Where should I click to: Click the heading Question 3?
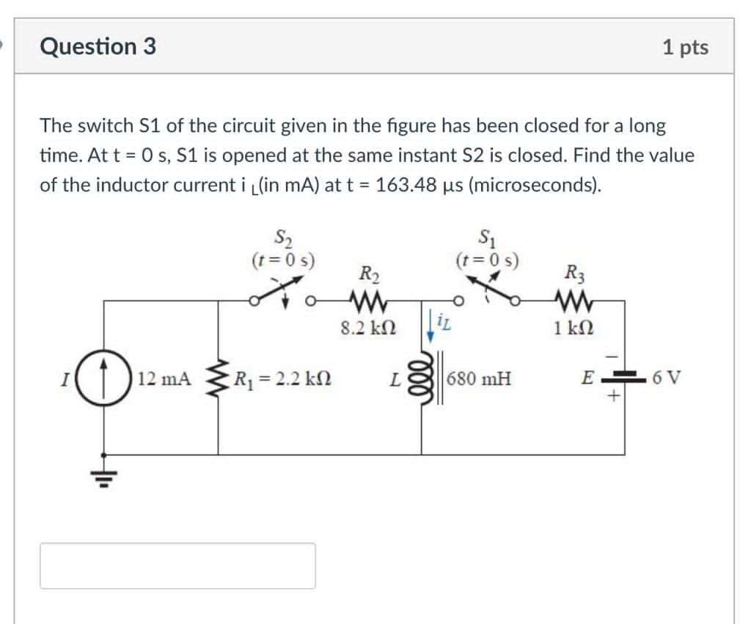click(x=98, y=46)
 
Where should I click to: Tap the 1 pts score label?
click(x=685, y=48)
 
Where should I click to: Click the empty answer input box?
click(x=177, y=565)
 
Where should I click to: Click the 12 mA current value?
click(x=164, y=379)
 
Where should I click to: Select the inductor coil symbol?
click(x=422, y=379)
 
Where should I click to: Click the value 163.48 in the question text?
click(x=402, y=184)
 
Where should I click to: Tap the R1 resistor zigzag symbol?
click(x=217, y=379)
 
